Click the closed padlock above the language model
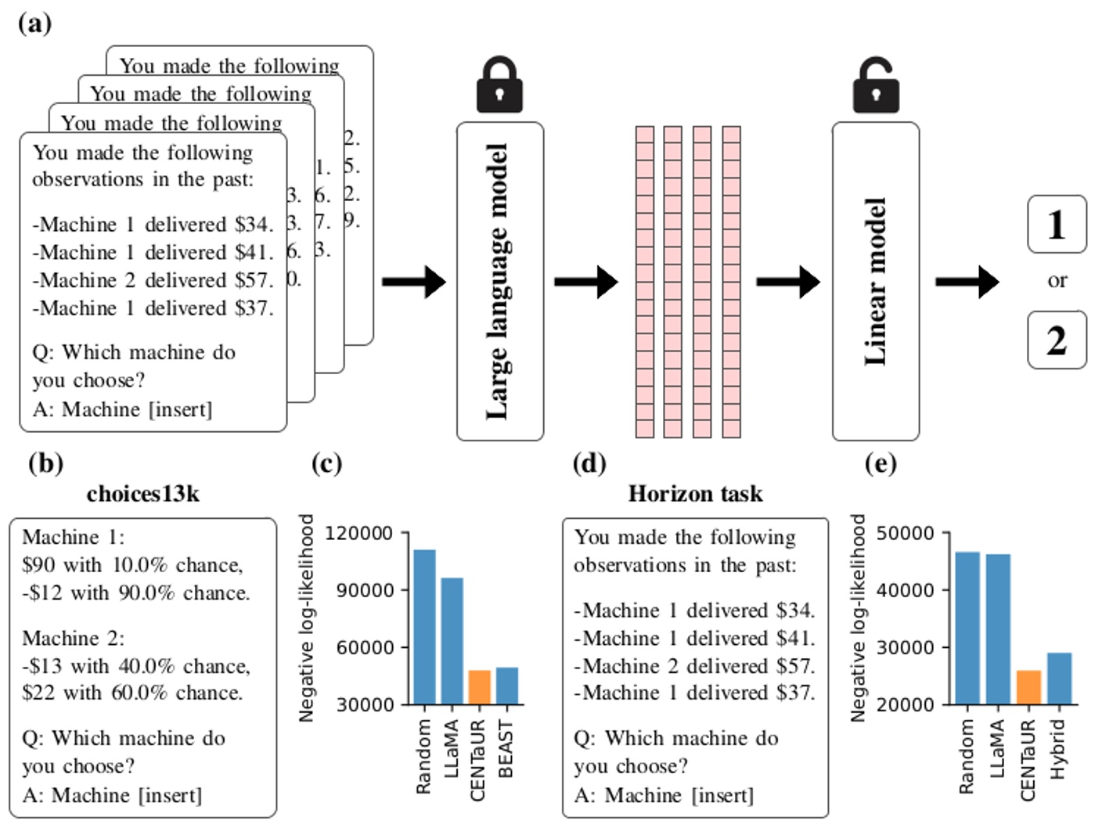click(499, 85)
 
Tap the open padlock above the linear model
click(875, 86)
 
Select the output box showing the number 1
click(1057, 225)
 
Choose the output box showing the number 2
click(1057, 340)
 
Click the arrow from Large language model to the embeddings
click(585, 282)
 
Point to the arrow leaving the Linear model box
click(967, 282)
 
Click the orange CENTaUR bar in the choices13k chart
click(479, 687)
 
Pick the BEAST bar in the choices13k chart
click(507, 686)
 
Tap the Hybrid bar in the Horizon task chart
click(1059, 679)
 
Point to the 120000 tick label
click(358, 534)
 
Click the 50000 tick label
click(905, 534)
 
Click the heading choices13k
click(143, 494)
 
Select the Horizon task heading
click(695, 494)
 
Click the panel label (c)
click(326, 463)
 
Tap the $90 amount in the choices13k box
click(38, 565)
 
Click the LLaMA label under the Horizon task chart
click(996, 749)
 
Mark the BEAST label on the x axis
click(506, 749)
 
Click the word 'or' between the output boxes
click(1057, 281)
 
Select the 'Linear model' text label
click(875, 282)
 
